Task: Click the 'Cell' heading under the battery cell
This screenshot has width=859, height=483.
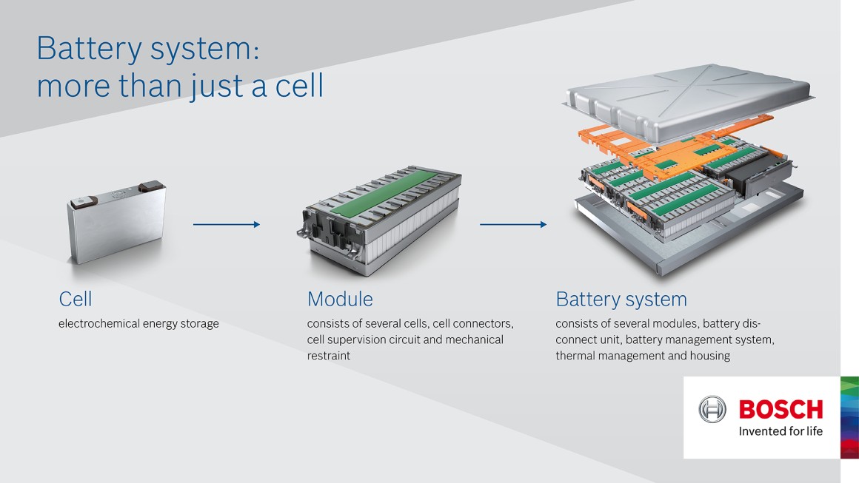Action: click(76, 300)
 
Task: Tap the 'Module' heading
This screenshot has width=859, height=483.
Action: click(340, 300)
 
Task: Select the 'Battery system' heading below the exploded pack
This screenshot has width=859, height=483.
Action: click(621, 300)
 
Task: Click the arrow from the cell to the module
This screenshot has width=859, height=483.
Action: click(226, 224)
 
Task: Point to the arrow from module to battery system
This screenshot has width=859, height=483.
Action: click(512, 224)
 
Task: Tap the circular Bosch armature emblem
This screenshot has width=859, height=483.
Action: click(713, 410)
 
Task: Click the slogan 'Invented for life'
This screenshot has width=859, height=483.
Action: click(781, 431)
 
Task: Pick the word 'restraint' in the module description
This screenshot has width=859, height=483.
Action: click(329, 356)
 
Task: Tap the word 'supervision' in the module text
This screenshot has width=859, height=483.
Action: click(359, 340)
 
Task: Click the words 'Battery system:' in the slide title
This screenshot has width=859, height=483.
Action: click(147, 49)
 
